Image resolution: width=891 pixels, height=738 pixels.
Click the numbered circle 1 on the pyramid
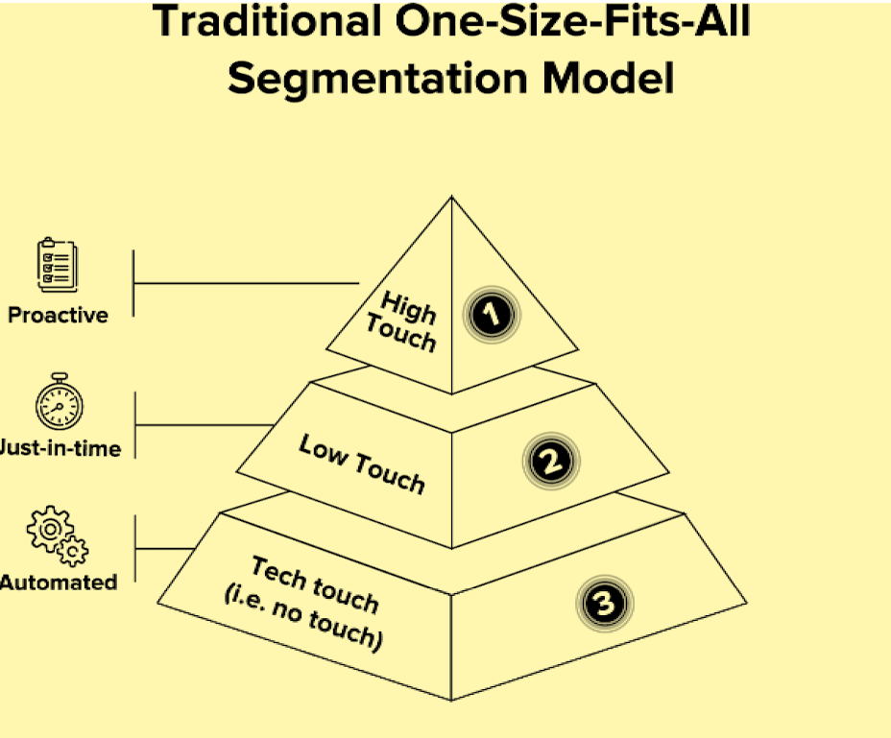tap(492, 315)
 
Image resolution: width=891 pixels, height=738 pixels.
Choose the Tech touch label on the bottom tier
tap(314, 583)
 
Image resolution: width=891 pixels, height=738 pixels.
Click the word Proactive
tap(58, 315)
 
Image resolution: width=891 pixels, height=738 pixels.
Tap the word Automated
tap(60, 582)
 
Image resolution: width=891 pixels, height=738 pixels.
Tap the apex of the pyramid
tap(451, 199)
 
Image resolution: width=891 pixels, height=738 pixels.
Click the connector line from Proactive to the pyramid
tap(245, 283)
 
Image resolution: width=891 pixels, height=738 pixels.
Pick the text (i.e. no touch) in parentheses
tap(303, 620)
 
